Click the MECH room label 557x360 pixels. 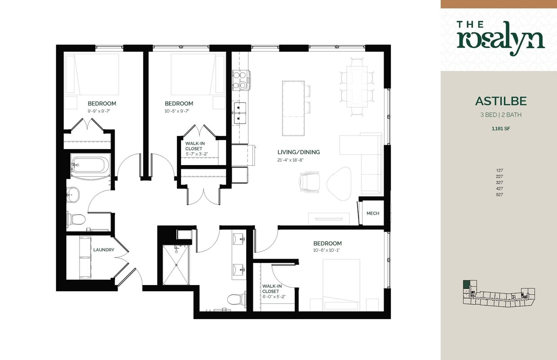tap(373, 213)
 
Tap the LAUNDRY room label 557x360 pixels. tap(103, 250)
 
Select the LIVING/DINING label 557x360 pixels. tap(299, 152)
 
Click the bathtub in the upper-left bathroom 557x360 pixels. tap(90, 165)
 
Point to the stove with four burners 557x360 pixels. tap(241, 80)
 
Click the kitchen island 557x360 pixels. tap(293, 108)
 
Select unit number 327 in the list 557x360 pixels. tap(500, 183)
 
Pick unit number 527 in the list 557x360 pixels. tap(500, 195)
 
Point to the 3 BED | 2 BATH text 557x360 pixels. tap(500, 115)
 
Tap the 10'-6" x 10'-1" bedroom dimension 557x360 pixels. tap(327, 250)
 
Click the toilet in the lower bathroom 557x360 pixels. tap(234, 299)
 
